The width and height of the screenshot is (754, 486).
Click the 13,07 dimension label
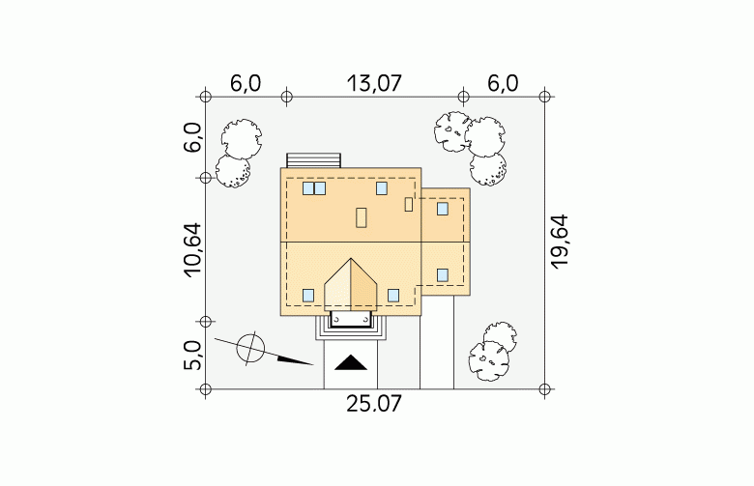[374, 84]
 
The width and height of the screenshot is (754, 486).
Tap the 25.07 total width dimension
[374, 404]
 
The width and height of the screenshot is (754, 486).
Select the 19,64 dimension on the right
[560, 242]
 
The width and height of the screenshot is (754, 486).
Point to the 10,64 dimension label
[191, 250]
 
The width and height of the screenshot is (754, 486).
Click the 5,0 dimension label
[191, 356]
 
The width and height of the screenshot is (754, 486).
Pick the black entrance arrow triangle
[351, 362]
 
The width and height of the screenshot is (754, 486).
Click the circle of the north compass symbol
[250, 348]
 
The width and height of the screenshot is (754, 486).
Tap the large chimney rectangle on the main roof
[362, 217]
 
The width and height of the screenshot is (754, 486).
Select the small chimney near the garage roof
[409, 204]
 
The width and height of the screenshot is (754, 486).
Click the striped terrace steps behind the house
[313, 160]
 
